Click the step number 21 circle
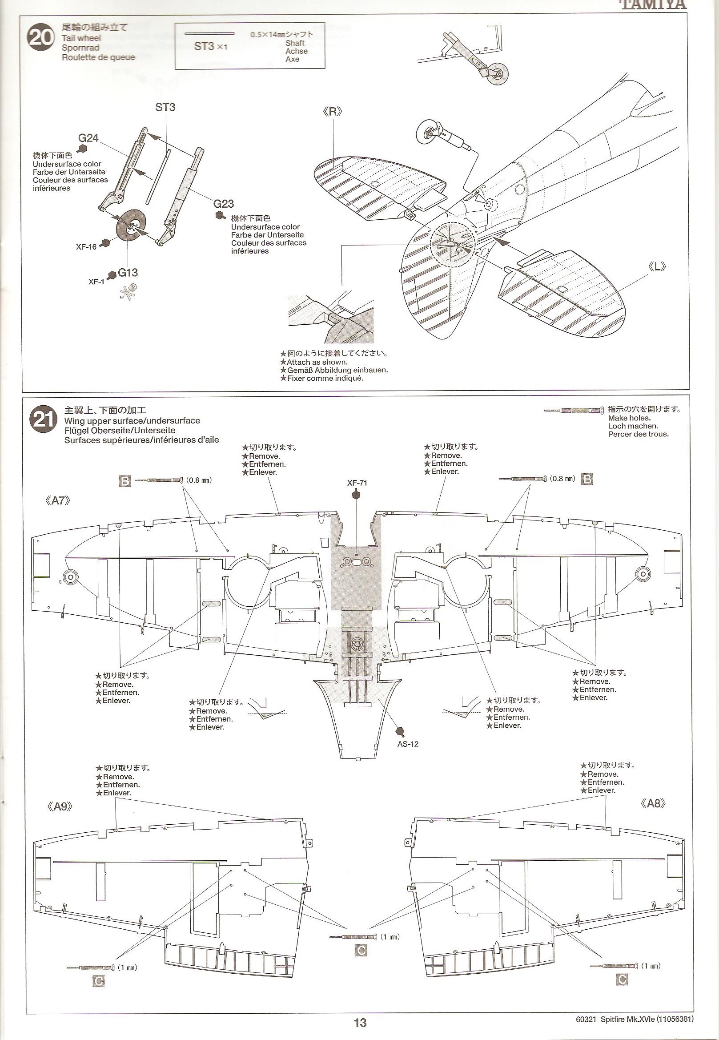[x=43, y=420]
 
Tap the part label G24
[x=88, y=138]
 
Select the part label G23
[x=224, y=204]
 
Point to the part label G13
[x=128, y=272]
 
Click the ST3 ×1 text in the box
[x=210, y=46]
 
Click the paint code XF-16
[x=86, y=247]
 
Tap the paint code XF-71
[x=357, y=483]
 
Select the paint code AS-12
[x=408, y=744]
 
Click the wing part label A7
[x=58, y=500]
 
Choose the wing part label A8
[x=653, y=803]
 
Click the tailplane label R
[x=333, y=112]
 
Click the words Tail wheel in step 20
[x=81, y=38]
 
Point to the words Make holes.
[x=629, y=418]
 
